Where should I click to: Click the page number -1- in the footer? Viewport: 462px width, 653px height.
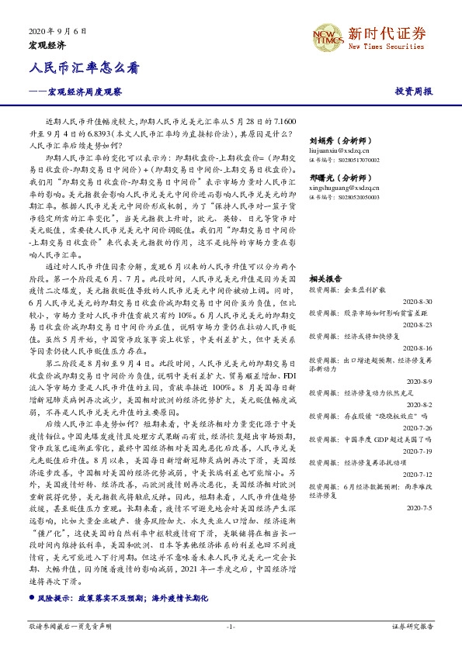pyautogui.click(x=230, y=626)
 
